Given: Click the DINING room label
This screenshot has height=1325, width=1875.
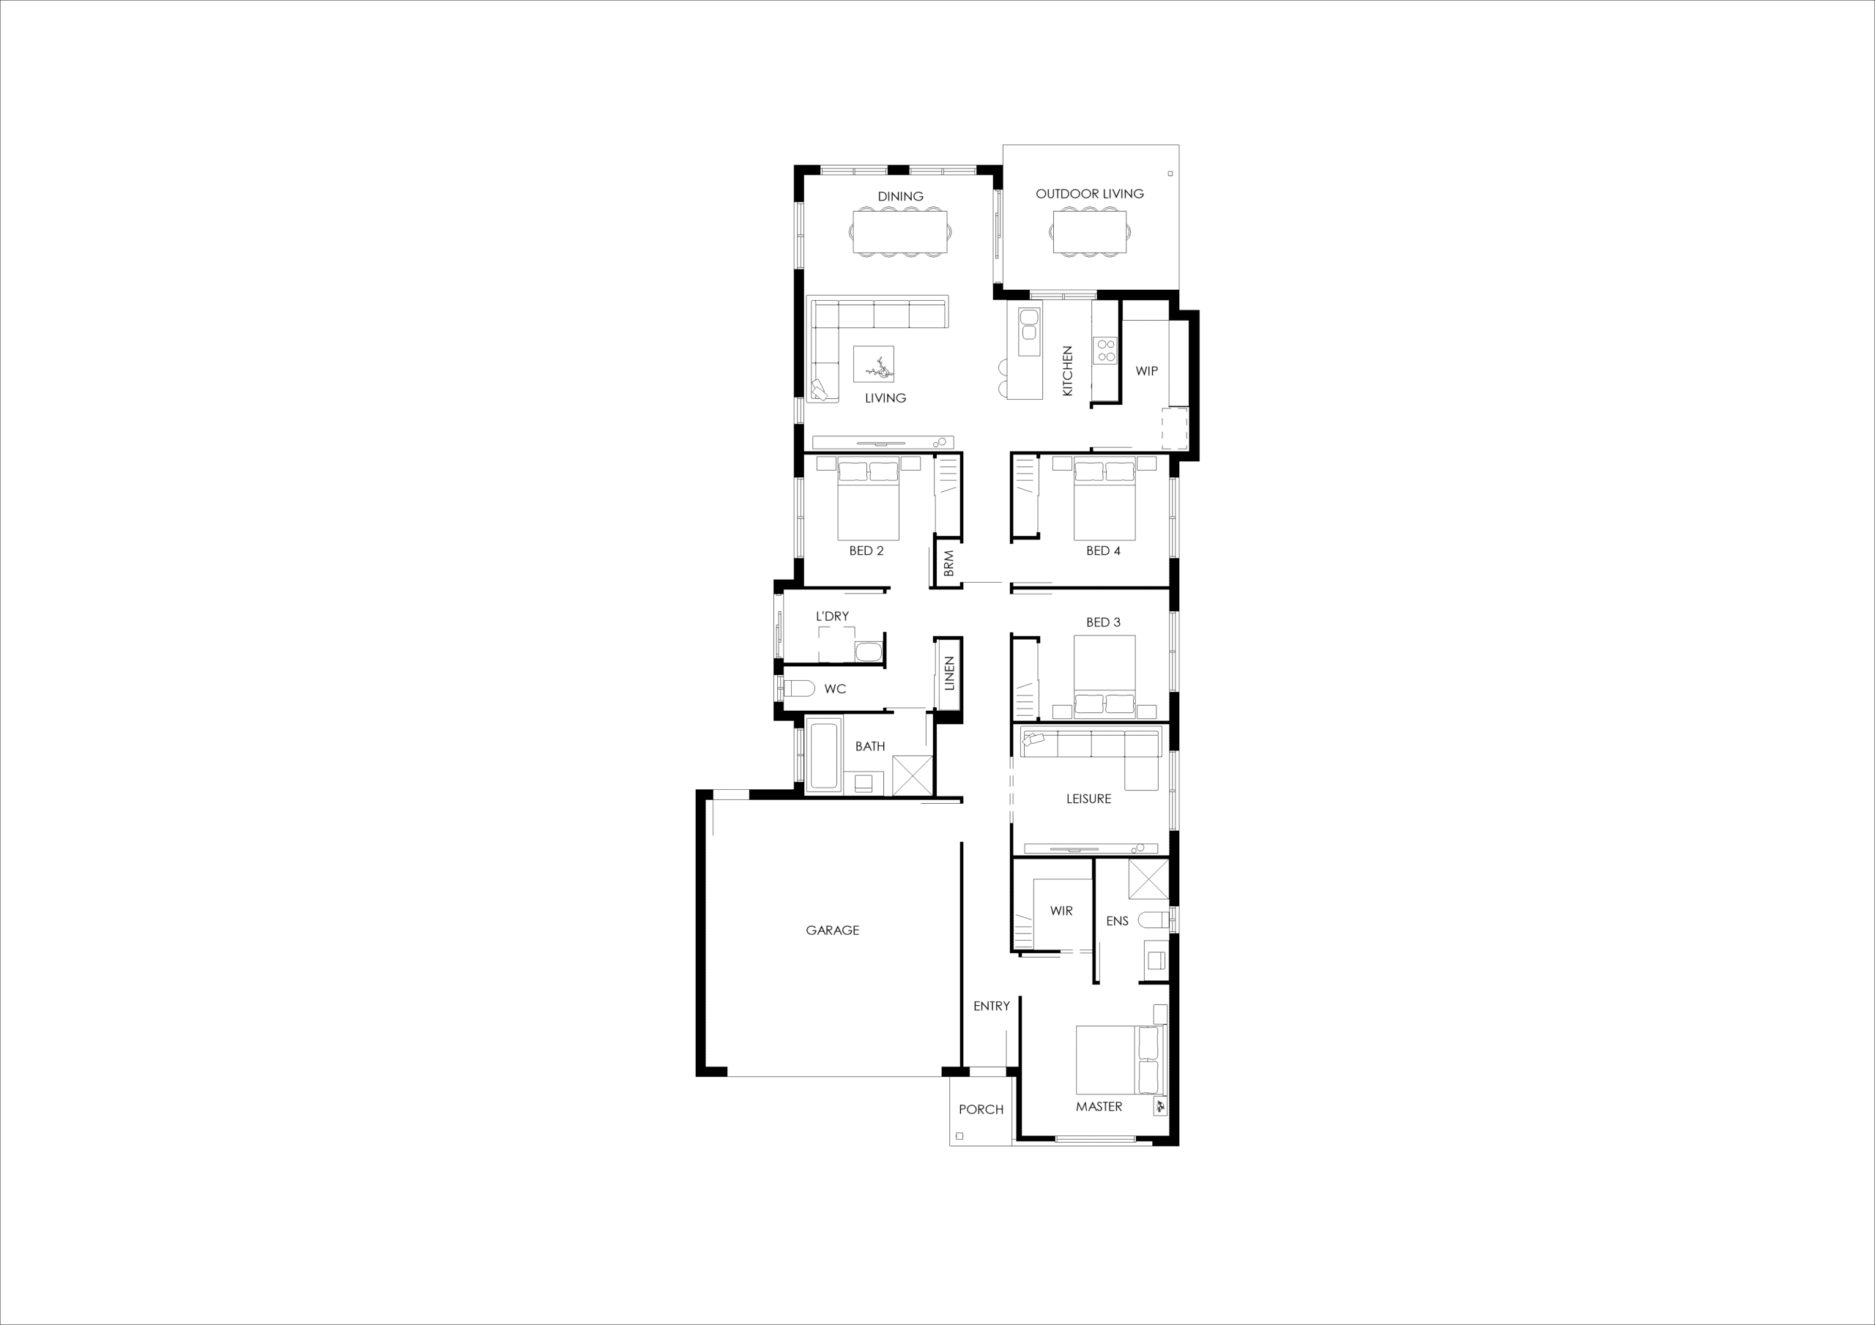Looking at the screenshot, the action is click(900, 196).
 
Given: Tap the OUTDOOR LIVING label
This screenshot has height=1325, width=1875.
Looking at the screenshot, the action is click(1089, 193).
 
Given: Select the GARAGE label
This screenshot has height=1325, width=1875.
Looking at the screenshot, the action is click(832, 930).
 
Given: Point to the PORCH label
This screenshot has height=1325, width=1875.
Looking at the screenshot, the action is click(981, 1110).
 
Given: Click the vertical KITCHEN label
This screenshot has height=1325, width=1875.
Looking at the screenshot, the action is click(1067, 371).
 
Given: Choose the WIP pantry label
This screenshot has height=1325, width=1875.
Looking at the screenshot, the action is click(1146, 370).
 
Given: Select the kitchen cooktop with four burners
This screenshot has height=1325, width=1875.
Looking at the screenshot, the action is click(1106, 351).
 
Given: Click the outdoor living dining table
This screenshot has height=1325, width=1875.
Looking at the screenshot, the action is click(1089, 233).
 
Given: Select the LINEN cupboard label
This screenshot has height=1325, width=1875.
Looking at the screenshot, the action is click(949, 673).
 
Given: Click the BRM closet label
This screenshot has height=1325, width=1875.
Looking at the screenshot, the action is click(948, 564).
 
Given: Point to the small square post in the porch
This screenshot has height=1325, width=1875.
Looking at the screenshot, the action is click(959, 1135).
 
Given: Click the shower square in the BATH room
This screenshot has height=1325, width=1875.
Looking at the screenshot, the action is click(911, 775).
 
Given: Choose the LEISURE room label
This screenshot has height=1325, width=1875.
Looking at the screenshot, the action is click(1088, 799).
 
